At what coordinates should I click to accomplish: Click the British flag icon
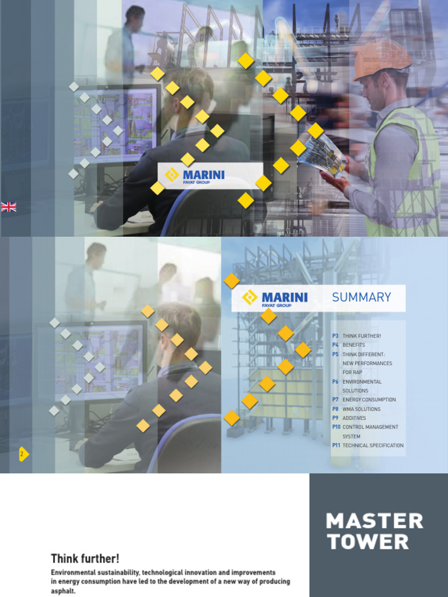[9, 206]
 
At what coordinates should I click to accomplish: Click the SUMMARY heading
[361, 297]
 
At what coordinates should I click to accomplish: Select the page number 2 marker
[23, 454]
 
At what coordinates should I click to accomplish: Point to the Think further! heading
[85, 559]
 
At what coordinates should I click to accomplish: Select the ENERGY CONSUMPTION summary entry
[369, 400]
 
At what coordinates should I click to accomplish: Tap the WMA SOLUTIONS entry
[361, 409]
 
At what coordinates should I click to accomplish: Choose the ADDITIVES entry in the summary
[354, 418]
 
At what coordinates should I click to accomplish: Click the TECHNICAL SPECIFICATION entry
[373, 445]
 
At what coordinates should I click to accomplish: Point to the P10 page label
[336, 427]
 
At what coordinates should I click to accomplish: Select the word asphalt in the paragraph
[63, 591]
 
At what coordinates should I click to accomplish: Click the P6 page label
[335, 382]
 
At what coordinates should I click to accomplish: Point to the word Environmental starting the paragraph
[73, 573]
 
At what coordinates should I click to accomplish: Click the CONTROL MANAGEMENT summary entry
[370, 427]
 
